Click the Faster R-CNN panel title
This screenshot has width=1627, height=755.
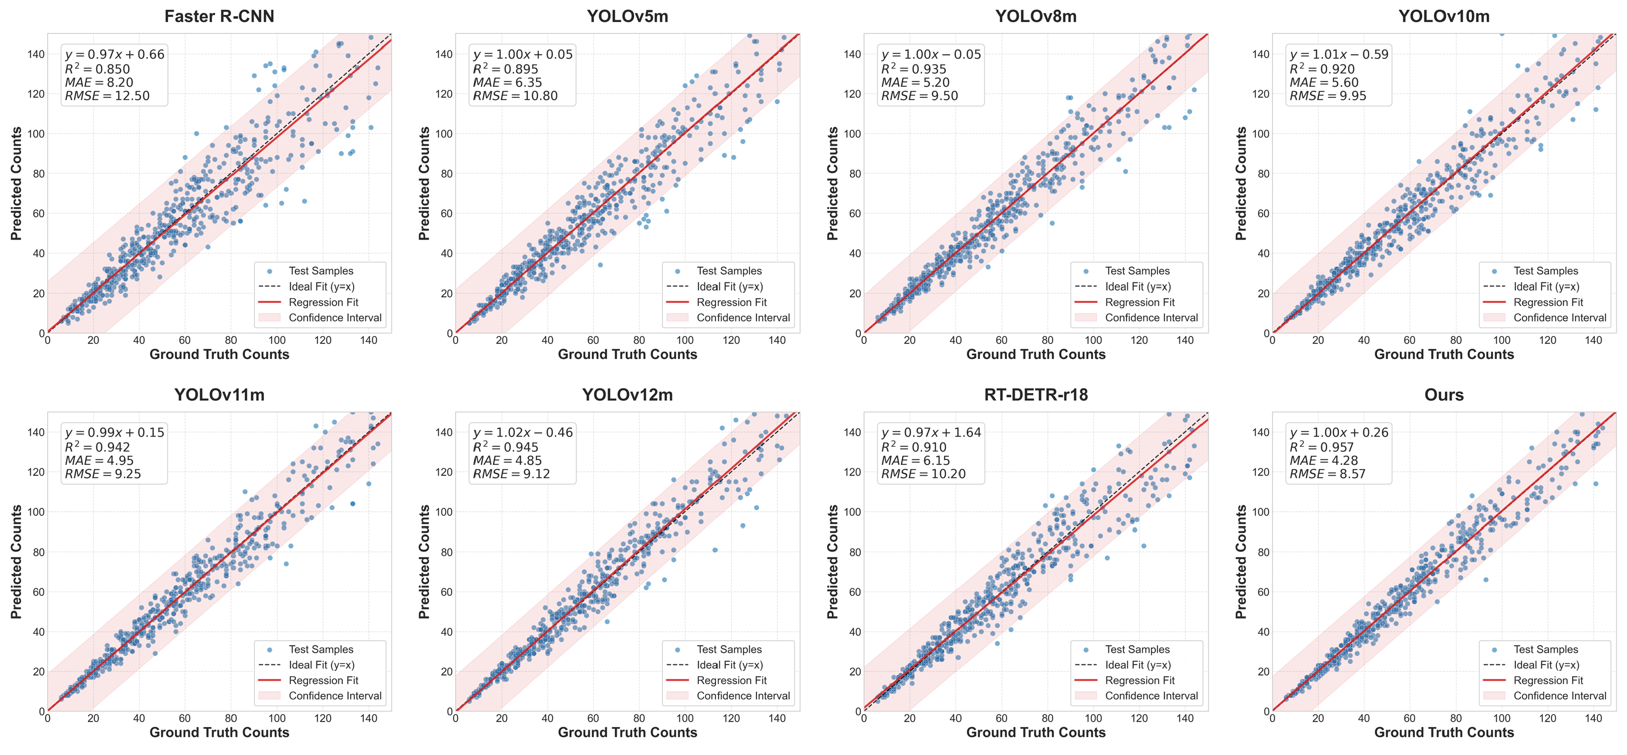click(x=219, y=17)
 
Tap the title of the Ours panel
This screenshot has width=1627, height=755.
click(x=1444, y=395)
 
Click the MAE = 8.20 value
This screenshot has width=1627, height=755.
click(x=99, y=82)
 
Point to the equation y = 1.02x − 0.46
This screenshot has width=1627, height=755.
click(x=523, y=433)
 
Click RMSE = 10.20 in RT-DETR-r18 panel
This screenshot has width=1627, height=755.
click(x=923, y=474)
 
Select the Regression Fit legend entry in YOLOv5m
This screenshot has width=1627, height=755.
click(x=731, y=302)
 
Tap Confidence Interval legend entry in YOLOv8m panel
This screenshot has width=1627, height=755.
click(x=1151, y=318)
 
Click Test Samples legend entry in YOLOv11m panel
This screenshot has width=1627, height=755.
click(x=321, y=650)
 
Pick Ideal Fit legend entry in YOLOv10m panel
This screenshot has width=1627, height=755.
click(x=1546, y=286)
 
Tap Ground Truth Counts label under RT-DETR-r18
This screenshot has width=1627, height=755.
click(x=1036, y=732)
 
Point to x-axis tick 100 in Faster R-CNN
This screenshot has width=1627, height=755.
click(x=277, y=341)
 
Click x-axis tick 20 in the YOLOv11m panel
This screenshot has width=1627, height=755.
click(x=93, y=718)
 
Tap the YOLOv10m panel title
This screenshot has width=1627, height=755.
click(x=1444, y=17)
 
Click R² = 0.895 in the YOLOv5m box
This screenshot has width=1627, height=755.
click(x=505, y=69)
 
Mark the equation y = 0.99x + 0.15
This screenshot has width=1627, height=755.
click(x=114, y=433)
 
